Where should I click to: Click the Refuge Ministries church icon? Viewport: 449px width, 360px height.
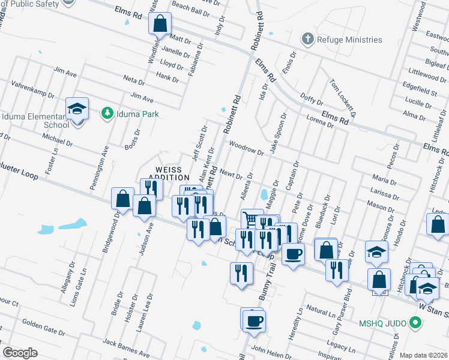click(308, 40)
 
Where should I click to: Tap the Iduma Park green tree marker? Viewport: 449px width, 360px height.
click(107, 113)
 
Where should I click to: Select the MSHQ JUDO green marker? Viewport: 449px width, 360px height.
click(415, 323)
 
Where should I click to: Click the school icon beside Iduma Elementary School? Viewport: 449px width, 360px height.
click(77, 109)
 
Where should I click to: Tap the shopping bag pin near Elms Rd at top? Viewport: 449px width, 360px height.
click(160, 25)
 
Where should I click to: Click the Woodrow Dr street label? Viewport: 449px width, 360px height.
click(246, 148)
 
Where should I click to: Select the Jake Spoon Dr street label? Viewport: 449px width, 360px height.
click(278, 134)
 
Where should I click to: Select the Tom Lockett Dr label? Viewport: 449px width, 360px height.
click(343, 96)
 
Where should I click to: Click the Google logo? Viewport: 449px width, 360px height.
click(20, 353)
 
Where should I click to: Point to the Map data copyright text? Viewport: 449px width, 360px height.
click(423, 355)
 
